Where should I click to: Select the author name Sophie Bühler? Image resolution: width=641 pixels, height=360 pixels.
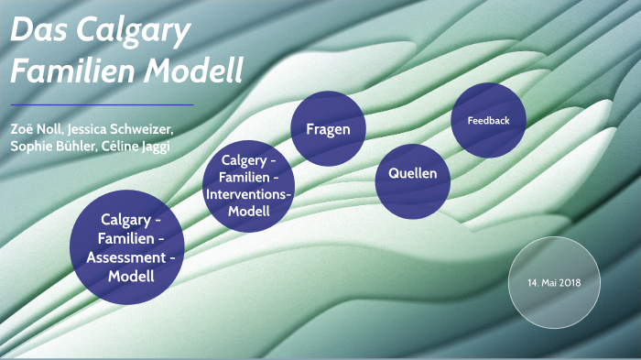pos(49,147)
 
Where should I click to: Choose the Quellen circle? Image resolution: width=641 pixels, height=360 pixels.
pos(412,174)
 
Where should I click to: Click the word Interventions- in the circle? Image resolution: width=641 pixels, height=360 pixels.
pos(249,195)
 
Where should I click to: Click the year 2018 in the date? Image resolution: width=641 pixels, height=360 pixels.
pos(570,282)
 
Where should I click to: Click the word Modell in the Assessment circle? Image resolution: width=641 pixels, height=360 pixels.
pos(128,276)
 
